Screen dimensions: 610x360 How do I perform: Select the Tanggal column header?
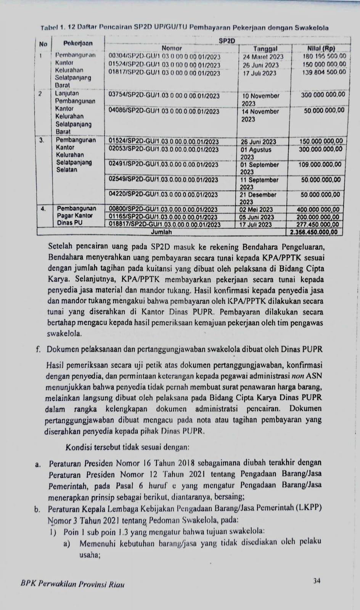coord(265,49)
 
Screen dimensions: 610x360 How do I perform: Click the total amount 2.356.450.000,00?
coord(313,232)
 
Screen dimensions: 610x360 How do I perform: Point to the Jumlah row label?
coord(161,232)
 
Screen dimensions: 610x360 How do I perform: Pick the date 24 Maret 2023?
coord(263,57)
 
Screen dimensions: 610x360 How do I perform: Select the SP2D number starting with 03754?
coord(164,96)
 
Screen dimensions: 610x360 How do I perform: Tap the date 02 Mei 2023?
coord(256,209)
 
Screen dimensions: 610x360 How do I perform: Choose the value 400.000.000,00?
coord(319,209)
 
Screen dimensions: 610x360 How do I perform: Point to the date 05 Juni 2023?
coord(257,217)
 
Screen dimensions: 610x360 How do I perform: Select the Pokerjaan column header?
coord(77,43)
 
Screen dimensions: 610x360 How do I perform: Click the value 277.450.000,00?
coord(319,225)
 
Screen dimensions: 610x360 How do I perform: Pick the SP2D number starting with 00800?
coord(163,209)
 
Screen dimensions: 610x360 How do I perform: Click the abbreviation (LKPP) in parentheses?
coord(310,507)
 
